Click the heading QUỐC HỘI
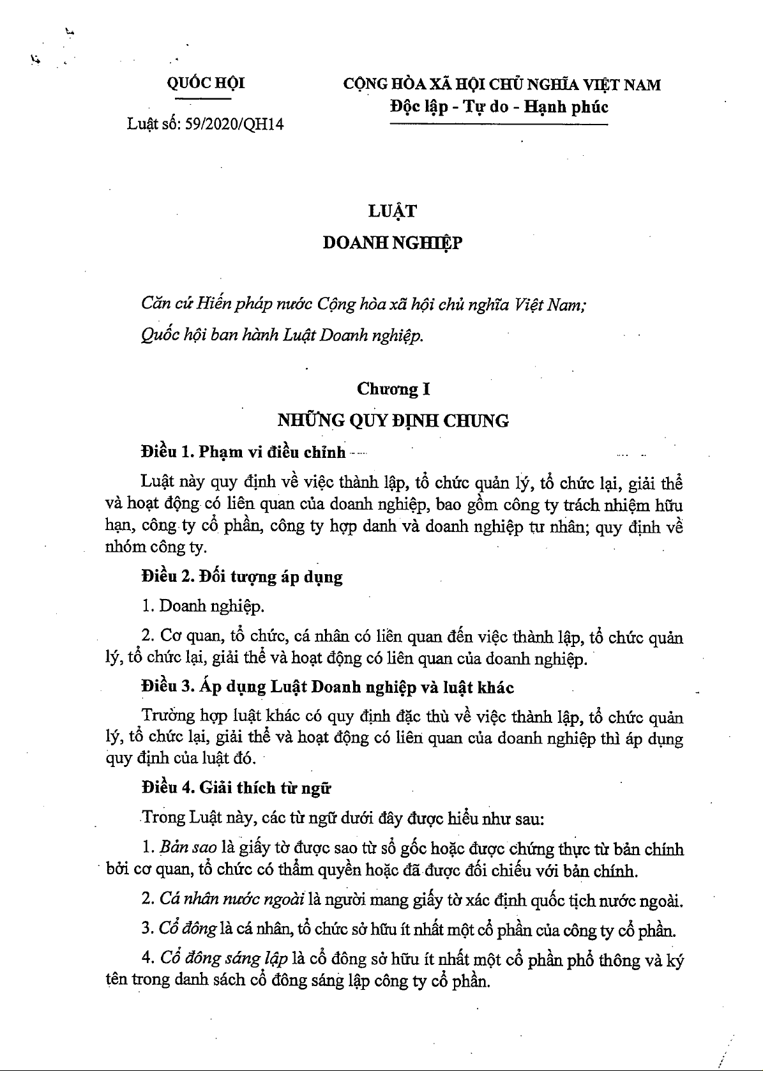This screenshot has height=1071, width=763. point(206,83)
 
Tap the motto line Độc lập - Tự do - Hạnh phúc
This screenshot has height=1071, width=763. point(499,106)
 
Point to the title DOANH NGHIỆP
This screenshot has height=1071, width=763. point(392,243)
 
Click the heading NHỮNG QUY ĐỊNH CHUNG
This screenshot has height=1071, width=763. point(393,420)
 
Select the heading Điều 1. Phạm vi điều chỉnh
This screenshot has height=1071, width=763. point(243,452)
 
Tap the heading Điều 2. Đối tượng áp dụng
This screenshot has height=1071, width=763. point(242,577)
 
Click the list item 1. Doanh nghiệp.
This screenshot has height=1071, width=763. point(204,605)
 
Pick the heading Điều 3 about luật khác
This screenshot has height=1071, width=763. point(328,687)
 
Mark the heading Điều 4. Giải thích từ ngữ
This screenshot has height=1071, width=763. point(236,787)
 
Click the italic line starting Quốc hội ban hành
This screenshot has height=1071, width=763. point(282,336)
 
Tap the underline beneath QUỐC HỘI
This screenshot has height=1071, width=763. point(206,99)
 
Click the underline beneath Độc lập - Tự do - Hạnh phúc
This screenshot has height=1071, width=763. point(499,124)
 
